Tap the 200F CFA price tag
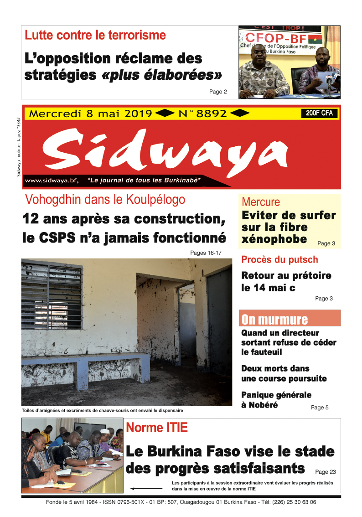pyautogui.click(x=319, y=114)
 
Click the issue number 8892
pyautogui.click(x=211, y=114)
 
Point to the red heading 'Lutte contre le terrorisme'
pyautogui.click(x=95, y=35)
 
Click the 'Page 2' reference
pyautogui.click(x=218, y=92)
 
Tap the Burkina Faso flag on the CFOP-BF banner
pyautogui.click(x=315, y=39)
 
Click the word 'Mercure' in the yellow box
pyautogui.click(x=261, y=202)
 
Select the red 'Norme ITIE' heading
pyautogui.click(x=156, y=428)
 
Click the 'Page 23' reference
pyautogui.click(x=325, y=472)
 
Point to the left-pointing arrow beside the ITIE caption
pyautogui.click(x=143, y=488)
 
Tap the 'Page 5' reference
pyautogui.click(x=320, y=408)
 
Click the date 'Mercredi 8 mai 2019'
pyautogui.click(x=90, y=114)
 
